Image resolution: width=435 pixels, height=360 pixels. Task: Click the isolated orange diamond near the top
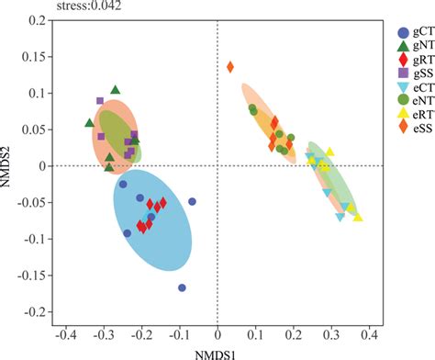tap(230, 66)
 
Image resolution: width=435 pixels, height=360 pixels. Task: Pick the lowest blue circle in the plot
tap(182, 287)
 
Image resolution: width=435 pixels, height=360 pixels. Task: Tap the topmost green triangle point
tap(116, 90)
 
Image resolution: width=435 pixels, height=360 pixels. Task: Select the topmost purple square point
tap(100, 101)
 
